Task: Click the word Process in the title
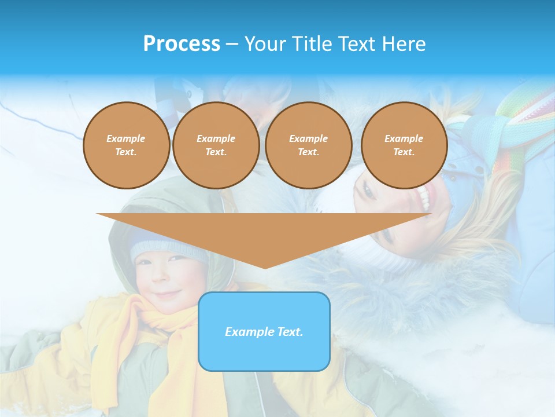(182, 44)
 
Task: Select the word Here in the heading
(404, 44)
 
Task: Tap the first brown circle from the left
(126, 145)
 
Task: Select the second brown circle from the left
(216, 145)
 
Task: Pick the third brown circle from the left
(308, 145)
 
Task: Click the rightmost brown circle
(404, 145)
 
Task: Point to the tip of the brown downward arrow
(265, 268)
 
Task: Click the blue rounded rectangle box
(264, 353)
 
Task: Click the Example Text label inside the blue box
(264, 332)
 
